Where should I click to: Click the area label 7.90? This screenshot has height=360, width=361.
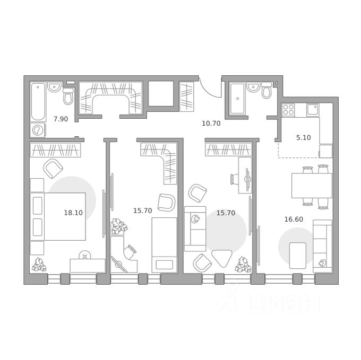(x=61, y=119)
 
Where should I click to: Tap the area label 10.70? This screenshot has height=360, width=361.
(x=211, y=124)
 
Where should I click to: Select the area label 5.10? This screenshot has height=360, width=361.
(x=304, y=138)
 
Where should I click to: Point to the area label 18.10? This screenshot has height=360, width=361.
(x=73, y=213)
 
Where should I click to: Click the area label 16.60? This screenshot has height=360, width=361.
(x=294, y=219)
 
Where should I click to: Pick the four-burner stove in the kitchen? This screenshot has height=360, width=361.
(x=288, y=110)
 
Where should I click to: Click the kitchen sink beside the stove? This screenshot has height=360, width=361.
(x=313, y=110)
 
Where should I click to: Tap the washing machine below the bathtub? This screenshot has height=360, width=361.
(x=38, y=130)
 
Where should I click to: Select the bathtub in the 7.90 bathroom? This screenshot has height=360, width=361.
(x=38, y=102)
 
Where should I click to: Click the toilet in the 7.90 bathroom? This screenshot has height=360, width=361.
(x=68, y=96)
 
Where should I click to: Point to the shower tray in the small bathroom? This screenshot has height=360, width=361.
(x=237, y=99)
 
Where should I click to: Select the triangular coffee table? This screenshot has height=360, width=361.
(x=221, y=258)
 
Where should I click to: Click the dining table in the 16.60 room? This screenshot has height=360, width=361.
(x=312, y=186)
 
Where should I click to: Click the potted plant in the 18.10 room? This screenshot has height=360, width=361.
(x=39, y=265)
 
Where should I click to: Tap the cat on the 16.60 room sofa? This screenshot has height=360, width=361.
(x=322, y=263)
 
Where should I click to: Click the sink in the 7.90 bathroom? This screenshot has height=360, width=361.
(x=54, y=86)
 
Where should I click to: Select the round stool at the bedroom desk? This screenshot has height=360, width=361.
(x=85, y=255)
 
